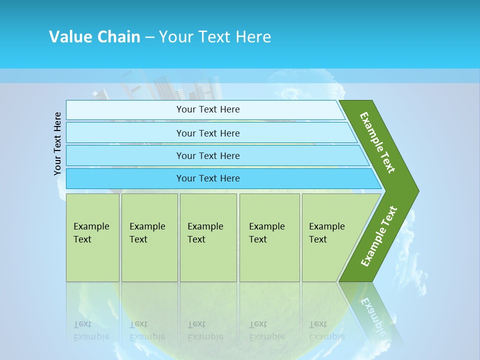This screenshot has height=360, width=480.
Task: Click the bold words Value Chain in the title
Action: (x=94, y=36)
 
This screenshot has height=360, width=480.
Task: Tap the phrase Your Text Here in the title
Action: (x=215, y=36)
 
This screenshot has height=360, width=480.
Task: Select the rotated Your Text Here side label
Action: (x=57, y=143)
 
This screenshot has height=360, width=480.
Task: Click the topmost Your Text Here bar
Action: (x=208, y=109)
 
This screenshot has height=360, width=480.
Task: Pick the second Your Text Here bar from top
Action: (x=208, y=133)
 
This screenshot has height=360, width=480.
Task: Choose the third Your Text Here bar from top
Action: (x=208, y=155)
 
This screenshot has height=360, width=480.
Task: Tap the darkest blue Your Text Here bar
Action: (x=208, y=178)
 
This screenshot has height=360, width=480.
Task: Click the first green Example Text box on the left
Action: (x=92, y=237)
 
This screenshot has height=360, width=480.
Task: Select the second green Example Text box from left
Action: (x=149, y=237)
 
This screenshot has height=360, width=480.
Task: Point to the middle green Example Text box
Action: (x=208, y=237)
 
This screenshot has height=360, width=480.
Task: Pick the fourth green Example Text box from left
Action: (x=269, y=237)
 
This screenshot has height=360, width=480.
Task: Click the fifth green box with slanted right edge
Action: (x=330, y=237)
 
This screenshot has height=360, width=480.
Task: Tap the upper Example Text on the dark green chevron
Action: (x=378, y=142)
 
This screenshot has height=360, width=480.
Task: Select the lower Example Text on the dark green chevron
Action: (x=379, y=236)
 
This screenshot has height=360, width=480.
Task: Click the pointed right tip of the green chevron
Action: (x=416, y=191)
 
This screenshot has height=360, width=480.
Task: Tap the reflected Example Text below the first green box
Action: (x=91, y=330)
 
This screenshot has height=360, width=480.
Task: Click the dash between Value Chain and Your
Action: (x=149, y=37)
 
